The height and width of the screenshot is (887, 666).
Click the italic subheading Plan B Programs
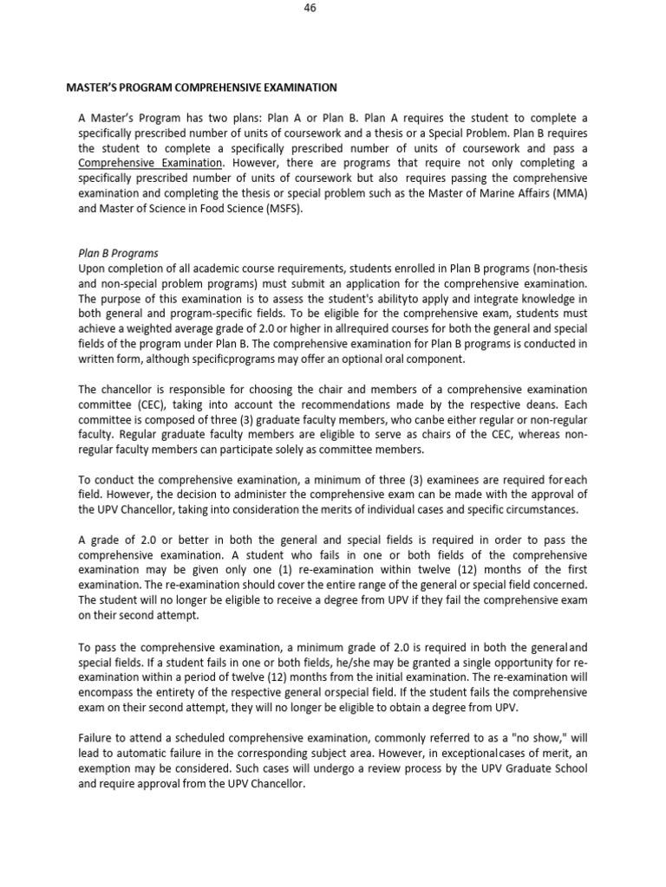click(118, 254)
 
